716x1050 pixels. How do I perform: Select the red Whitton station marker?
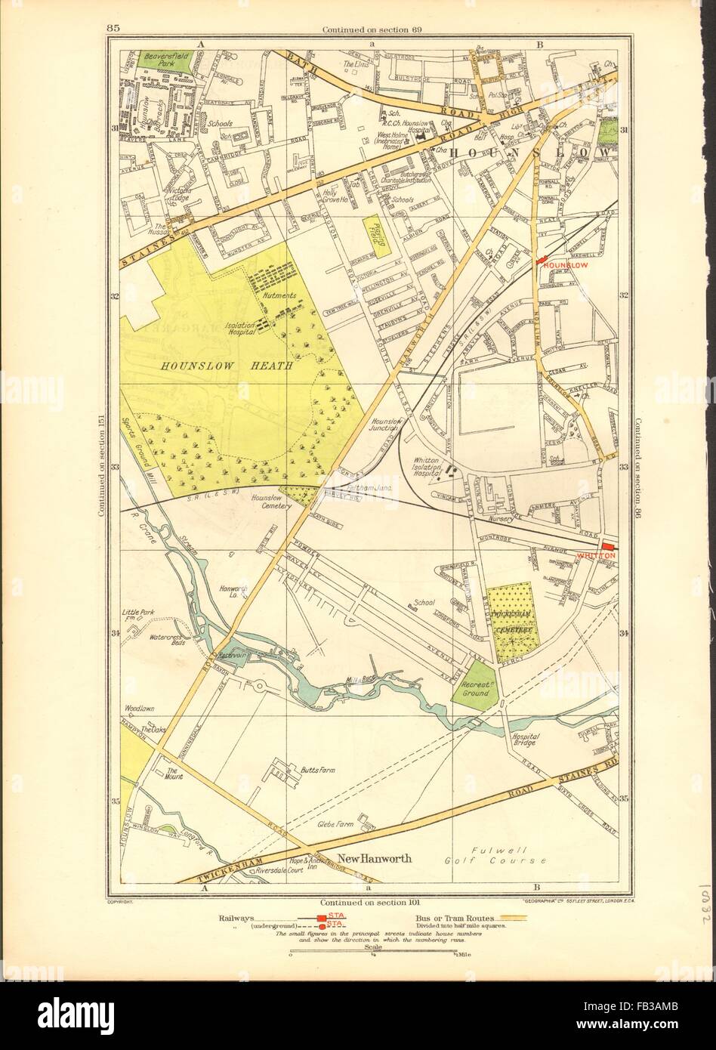click(x=609, y=547)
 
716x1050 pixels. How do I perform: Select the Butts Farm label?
click(x=318, y=771)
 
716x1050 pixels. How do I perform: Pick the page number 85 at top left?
click(x=114, y=29)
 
